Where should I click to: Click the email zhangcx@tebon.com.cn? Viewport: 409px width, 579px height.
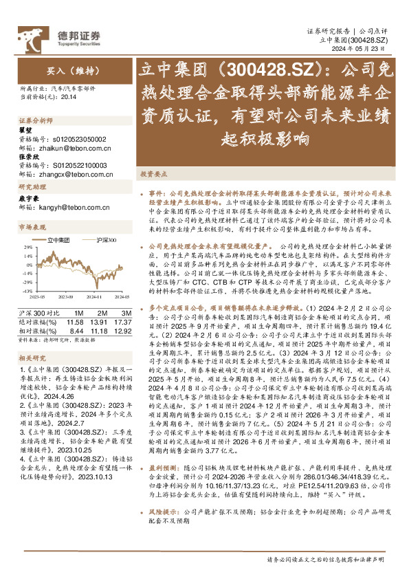click(76, 175)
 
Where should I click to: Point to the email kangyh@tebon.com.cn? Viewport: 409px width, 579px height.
click(73, 206)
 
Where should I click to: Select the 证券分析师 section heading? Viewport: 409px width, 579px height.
click(35, 119)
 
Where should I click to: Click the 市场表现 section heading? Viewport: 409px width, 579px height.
click(32, 227)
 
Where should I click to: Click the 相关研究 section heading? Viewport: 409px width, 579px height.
click(32, 358)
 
